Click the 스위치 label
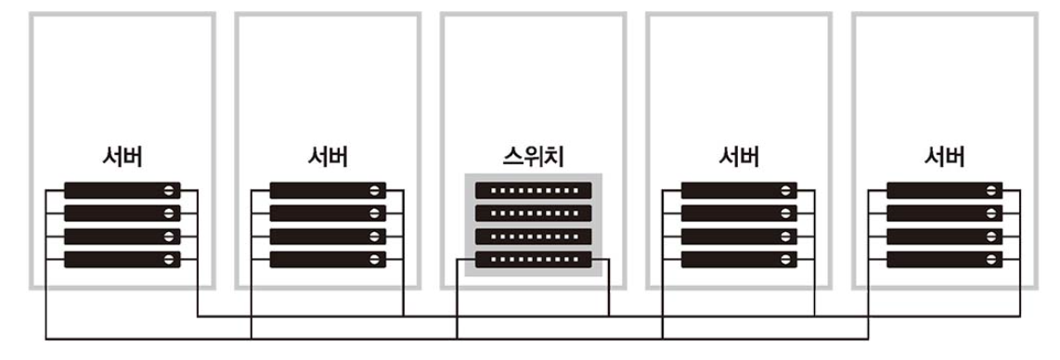533,157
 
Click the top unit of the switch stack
533,190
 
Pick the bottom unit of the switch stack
533,259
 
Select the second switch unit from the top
533,213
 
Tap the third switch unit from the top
533,237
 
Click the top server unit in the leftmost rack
123,190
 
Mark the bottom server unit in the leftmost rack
123,259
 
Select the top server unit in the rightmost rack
944,190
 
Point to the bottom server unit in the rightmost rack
944,259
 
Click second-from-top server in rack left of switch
328,213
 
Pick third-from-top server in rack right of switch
739,237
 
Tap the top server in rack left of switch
328,190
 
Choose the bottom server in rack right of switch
739,259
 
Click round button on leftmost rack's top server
169,190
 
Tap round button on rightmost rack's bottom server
991,259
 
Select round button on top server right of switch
785,190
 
